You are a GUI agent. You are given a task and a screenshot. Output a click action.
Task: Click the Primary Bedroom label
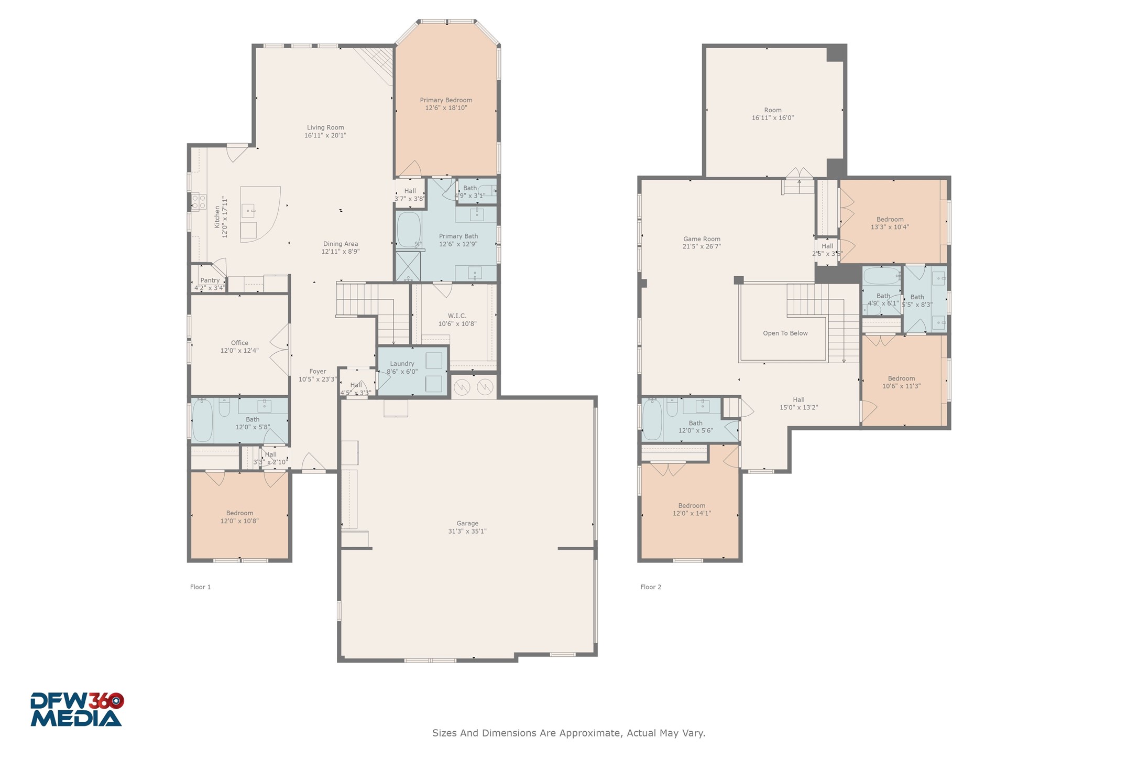pyautogui.click(x=446, y=100)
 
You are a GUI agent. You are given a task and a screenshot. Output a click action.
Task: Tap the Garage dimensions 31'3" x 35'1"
pyautogui.click(x=467, y=531)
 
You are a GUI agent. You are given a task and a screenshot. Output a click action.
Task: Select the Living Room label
pyautogui.click(x=325, y=127)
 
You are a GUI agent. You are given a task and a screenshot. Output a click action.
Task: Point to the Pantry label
pyautogui.click(x=210, y=280)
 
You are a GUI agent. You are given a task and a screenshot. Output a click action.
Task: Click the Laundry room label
pyautogui.click(x=402, y=364)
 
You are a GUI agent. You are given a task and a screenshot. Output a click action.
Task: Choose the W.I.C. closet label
pyautogui.click(x=457, y=316)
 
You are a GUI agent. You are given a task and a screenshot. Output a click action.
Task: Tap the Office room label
pyautogui.click(x=239, y=343)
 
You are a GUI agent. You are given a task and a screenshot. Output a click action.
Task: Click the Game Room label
pyautogui.click(x=702, y=239)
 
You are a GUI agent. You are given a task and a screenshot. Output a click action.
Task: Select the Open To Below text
pyautogui.click(x=785, y=333)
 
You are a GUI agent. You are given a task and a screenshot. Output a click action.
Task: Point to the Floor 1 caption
pyautogui.click(x=200, y=587)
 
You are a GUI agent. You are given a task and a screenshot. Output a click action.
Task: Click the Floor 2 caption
pyautogui.click(x=651, y=587)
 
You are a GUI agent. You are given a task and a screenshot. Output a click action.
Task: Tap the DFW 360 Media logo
pyautogui.click(x=76, y=709)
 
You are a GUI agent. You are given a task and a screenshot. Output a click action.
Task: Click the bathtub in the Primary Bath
pyautogui.click(x=409, y=230)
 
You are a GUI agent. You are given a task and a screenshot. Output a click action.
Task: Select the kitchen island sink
pyautogui.click(x=248, y=211)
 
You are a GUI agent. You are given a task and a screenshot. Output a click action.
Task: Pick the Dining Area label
pyautogui.click(x=341, y=244)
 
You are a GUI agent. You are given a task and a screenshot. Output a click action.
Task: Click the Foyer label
pyautogui.click(x=318, y=372)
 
